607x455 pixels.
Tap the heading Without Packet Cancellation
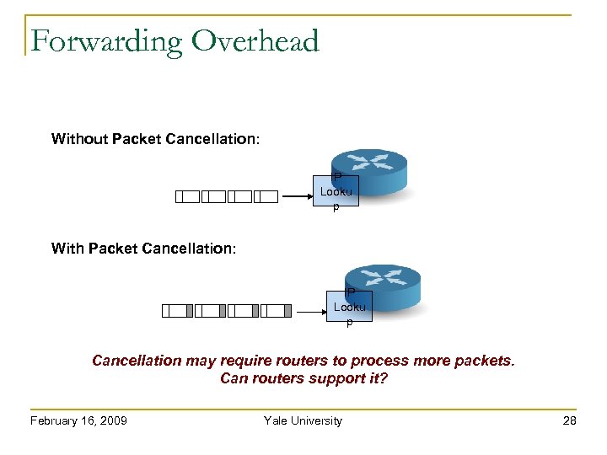(155, 138)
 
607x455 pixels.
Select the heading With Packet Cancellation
(143, 248)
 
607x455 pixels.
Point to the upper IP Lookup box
(336, 192)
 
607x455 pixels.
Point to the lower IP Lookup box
(349, 307)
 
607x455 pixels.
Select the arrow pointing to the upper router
(298, 197)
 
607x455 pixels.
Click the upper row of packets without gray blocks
(226, 197)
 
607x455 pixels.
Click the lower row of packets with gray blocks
(226, 311)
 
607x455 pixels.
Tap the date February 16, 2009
(78, 420)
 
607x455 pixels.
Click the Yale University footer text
(303, 420)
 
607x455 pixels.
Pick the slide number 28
(570, 420)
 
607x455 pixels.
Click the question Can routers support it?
(303, 378)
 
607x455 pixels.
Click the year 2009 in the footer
(112, 420)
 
